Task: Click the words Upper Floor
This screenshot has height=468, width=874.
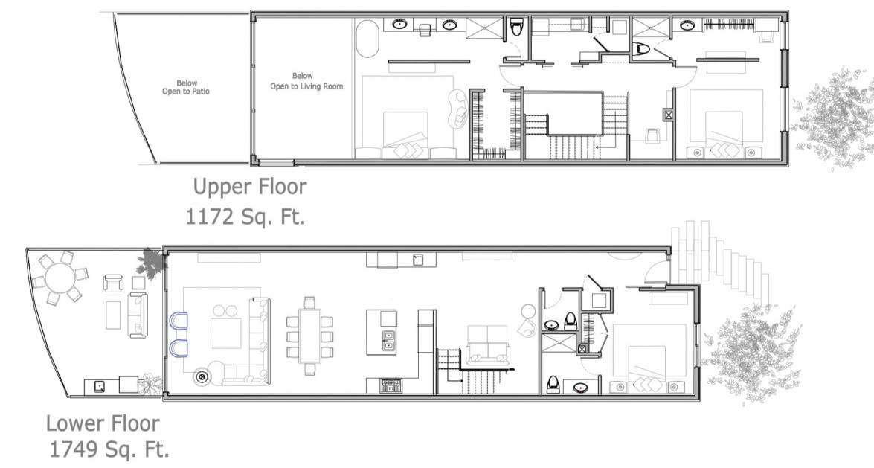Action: click(x=249, y=185)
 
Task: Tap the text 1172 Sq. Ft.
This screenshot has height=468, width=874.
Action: click(x=245, y=217)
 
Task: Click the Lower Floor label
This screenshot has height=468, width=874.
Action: click(x=102, y=423)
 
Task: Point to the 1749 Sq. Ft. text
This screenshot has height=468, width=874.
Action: click(x=109, y=449)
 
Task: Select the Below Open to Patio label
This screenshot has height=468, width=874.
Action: click(x=180, y=88)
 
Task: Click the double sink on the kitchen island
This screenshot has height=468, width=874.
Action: click(x=388, y=342)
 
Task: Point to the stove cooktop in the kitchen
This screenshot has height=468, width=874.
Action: click(x=391, y=385)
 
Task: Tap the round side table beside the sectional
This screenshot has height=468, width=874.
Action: click(x=202, y=377)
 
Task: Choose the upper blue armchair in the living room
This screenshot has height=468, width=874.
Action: click(x=178, y=321)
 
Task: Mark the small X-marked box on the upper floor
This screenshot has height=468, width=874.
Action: click(x=668, y=115)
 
